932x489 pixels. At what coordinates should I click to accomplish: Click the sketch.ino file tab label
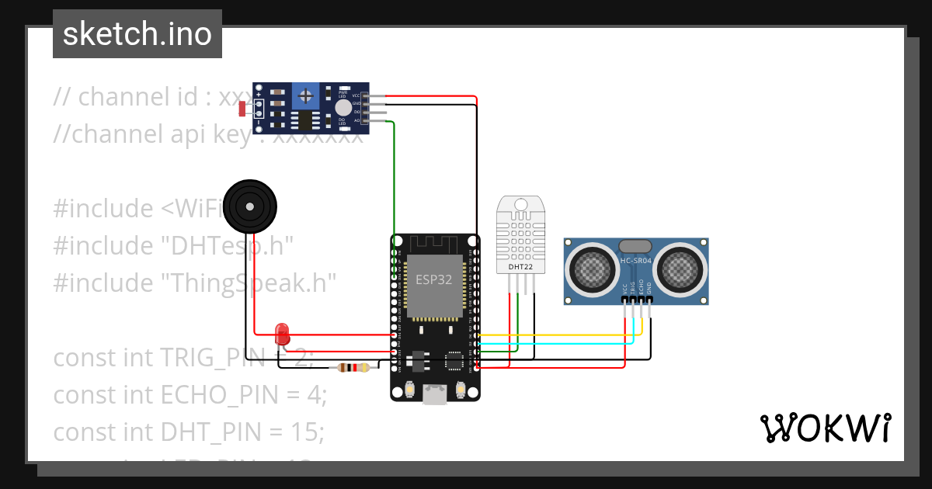pyautogui.click(x=137, y=34)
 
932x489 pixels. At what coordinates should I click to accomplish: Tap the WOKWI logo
pyautogui.click(x=824, y=428)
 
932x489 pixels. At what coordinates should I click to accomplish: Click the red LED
pyautogui.click(x=283, y=335)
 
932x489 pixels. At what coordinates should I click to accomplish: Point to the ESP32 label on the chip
pyautogui.click(x=433, y=280)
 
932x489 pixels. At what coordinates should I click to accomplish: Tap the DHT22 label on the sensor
pyautogui.click(x=520, y=267)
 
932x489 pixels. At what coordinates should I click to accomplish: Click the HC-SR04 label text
pyautogui.click(x=636, y=261)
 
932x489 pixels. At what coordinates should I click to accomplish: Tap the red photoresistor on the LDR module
pyautogui.click(x=243, y=109)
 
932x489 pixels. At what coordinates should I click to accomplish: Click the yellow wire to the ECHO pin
pyautogui.click(x=559, y=335)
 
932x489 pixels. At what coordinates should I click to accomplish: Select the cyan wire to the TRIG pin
pyautogui.click(x=559, y=342)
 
